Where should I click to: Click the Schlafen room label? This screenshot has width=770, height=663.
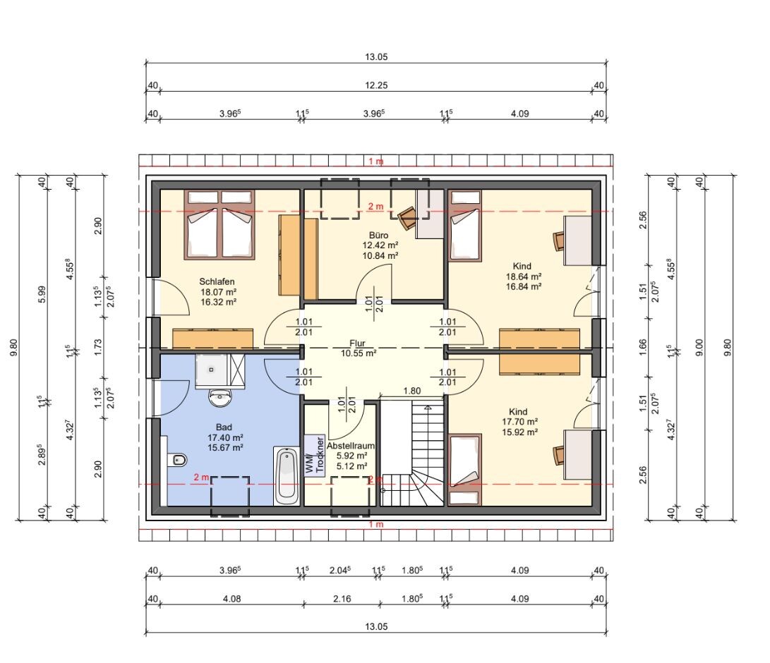tap(217, 281)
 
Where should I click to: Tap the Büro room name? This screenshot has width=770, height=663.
tap(378, 235)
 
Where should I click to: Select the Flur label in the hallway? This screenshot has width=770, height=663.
tap(358, 343)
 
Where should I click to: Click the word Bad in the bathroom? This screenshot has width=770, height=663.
tap(224, 427)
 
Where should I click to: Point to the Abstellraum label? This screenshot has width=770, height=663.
tap(351, 446)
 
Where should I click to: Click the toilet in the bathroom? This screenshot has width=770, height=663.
tap(176, 460)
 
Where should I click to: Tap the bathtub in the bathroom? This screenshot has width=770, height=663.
tap(287, 476)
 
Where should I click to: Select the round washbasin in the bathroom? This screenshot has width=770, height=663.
tap(220, 398)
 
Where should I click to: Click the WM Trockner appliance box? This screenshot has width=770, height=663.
tap(314, 456)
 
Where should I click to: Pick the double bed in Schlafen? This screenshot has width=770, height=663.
tap(220, 225)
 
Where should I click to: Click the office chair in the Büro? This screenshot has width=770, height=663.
tap(407, 217)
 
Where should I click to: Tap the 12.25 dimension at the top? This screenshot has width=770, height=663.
tap(376, 85)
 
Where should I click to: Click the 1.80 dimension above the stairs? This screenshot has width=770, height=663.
tap(412, 391)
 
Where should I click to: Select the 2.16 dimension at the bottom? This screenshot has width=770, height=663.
tap(342, 599)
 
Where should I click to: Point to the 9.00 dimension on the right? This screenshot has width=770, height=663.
tap(700, 348)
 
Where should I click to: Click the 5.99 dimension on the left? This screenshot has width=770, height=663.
tap(42, 294)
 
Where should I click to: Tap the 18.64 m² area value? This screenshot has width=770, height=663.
tap(524, 276)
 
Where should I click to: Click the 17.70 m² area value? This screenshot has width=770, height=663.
tap(519, 422)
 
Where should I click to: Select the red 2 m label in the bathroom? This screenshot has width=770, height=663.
tap(201, 477)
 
